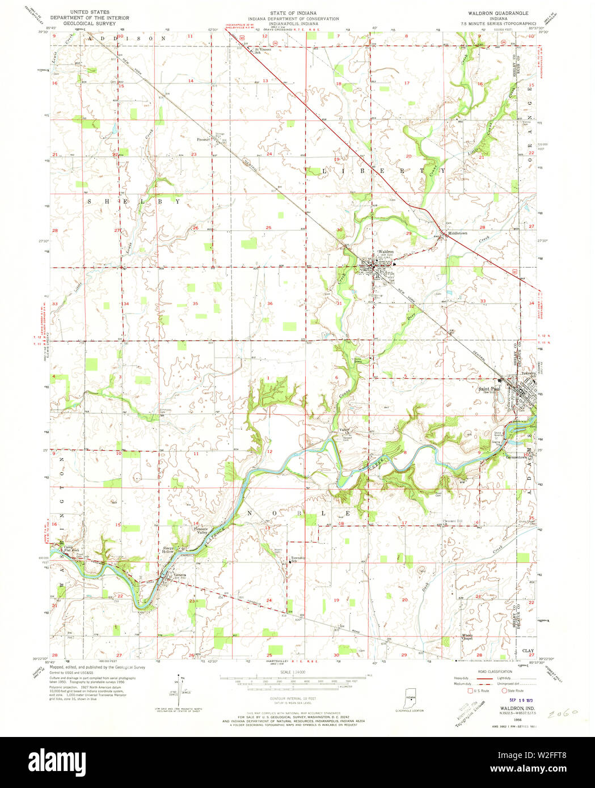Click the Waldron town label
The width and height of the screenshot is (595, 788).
(x=386, y=251)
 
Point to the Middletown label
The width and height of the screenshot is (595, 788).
(x=458, y=233)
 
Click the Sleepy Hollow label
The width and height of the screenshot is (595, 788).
(x=168, y=550)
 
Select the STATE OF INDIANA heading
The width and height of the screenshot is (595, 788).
(x=293, y=12)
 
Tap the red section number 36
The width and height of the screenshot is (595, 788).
(x=270, y=303)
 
